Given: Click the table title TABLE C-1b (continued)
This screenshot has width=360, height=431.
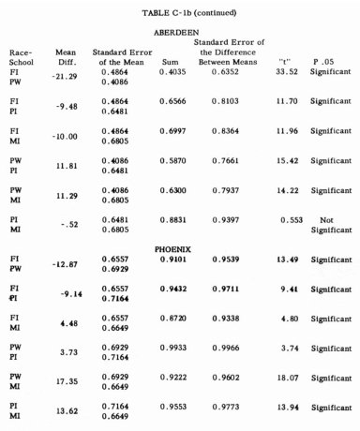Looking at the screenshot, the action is pos(179,10).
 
